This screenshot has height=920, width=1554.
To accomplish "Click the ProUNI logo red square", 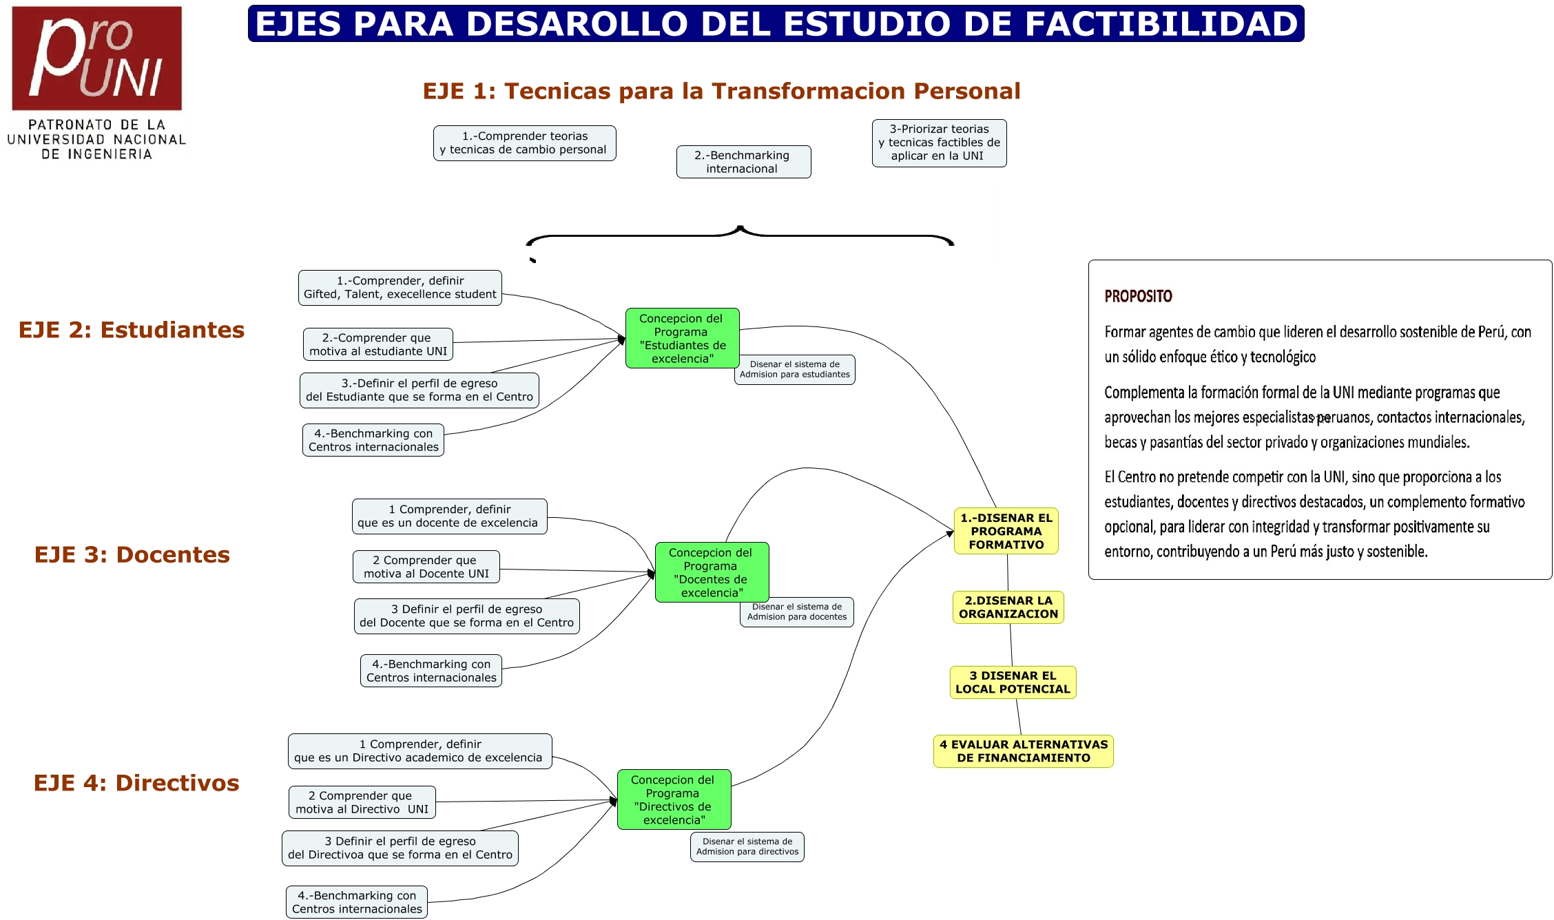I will tap(96, 59).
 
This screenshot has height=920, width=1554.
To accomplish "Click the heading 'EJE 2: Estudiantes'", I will tap(132, 330).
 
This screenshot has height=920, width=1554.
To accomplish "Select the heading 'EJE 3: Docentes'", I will tap(132, 554).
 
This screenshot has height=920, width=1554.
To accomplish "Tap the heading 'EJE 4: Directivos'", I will tap(136, 783).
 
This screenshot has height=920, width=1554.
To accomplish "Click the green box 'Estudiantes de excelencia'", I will tap(682, 338).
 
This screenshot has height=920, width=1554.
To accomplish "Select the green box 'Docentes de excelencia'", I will tap(712, 572).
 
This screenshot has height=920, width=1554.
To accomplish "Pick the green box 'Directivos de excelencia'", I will tap(674, 799).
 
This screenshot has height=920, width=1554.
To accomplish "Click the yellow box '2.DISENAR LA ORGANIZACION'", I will tap(1008, 607).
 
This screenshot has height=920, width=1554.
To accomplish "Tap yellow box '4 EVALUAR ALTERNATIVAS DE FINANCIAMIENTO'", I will tap(1023, 751).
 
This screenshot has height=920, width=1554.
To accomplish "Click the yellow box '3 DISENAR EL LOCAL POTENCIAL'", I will tap(1012, 682).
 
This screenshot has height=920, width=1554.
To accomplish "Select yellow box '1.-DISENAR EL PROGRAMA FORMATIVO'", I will tap(1006, 531).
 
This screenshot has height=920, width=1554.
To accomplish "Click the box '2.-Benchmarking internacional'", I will tap(743, 162).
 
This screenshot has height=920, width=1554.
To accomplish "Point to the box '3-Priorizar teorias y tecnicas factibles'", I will tap(939, 143).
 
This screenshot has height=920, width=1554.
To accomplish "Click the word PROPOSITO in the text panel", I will tap(1138, 296).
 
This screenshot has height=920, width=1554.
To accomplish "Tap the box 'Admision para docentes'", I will tap(796, 611).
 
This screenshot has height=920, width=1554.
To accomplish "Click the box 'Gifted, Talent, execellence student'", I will tap(400, 288).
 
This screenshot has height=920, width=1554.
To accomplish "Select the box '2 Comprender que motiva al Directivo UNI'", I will tap(362, 802).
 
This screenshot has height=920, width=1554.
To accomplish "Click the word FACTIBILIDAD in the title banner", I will tap(1161, 24).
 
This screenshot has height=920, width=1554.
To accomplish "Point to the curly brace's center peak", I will tap(740, 228).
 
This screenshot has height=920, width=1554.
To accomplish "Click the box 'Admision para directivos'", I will tap(747, 846).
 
